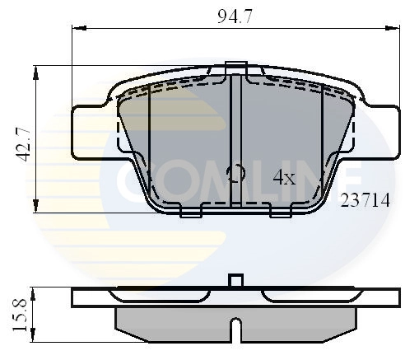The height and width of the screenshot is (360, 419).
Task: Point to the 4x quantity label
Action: click(284, 176)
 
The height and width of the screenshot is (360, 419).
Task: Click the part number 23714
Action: click(365, 200)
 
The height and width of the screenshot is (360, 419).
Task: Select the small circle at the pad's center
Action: click(235, 173)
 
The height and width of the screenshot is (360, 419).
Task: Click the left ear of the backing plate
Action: click(89, 133)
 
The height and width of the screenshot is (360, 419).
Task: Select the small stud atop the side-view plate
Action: click(236, 281)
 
